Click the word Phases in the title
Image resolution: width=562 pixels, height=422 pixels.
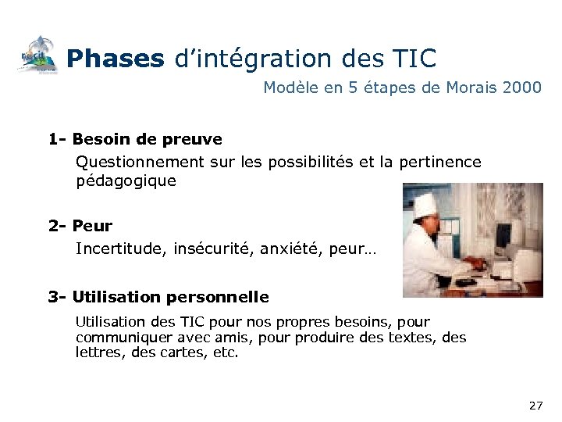[x=115, y=57]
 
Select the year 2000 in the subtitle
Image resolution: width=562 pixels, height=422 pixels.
[x=522, y=88]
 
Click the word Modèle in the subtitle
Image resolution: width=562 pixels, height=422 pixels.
[x=290, y=88]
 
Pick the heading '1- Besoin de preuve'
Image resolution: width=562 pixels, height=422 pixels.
[x=135, y=139]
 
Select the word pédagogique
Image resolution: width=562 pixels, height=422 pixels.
[x=126, y=181]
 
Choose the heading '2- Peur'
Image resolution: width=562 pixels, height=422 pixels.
[x=80, y=226]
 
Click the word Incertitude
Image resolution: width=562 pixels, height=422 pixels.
[x=115, y=249]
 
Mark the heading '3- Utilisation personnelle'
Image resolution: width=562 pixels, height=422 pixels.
[x=158, y=297]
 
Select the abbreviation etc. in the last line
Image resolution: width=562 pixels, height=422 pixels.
[x=224, y=352]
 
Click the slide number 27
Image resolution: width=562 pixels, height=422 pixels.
[x=535, y=406]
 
